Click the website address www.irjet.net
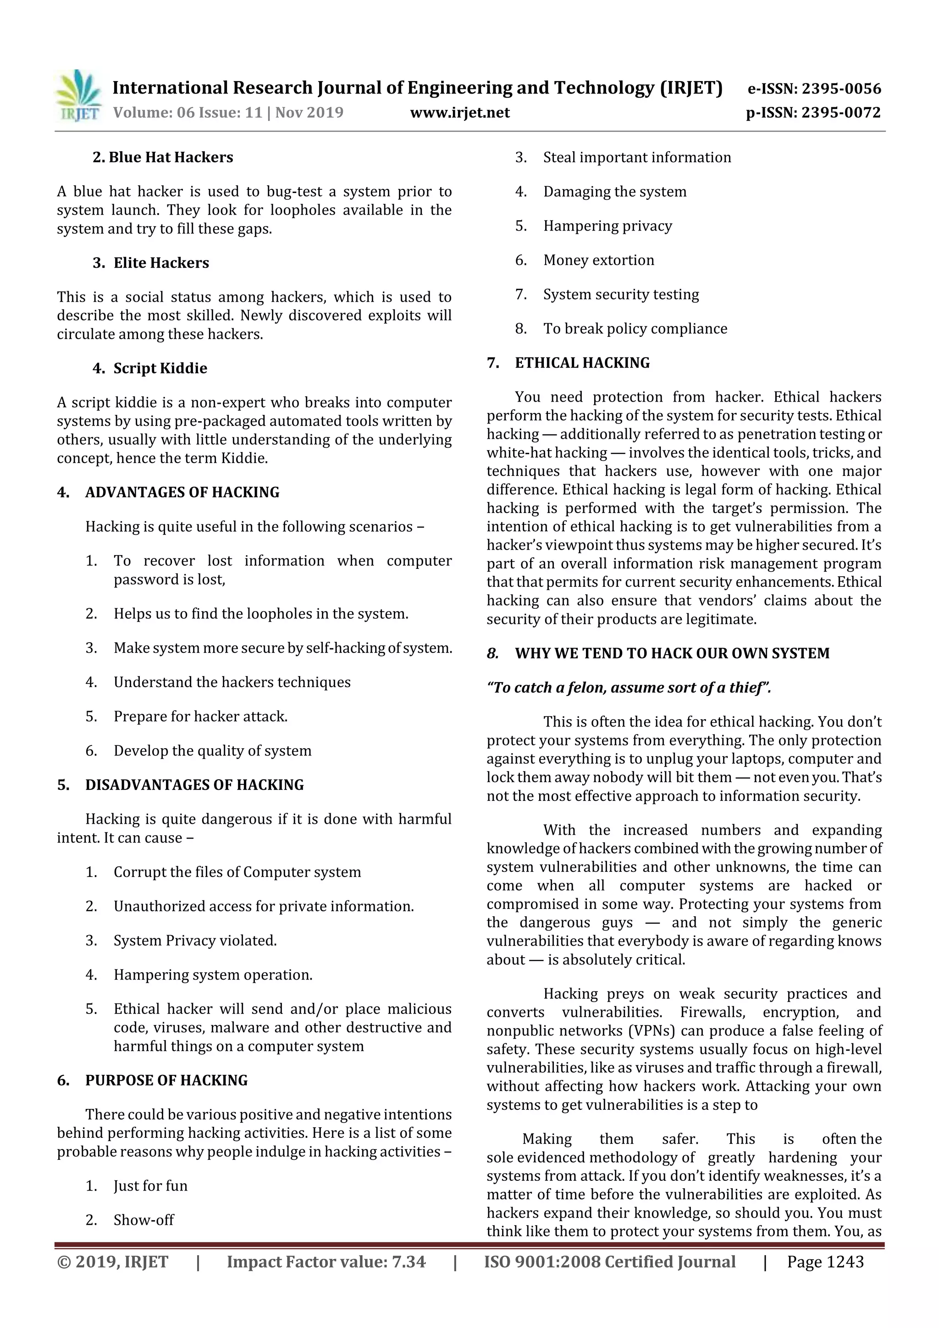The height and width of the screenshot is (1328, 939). (460, 112)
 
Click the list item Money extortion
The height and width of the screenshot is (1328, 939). (599, 260)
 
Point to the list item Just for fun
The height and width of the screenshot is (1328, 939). (150, 1186)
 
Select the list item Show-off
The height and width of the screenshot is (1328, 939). (144, 1220)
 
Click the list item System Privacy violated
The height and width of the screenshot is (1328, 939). (195, 941)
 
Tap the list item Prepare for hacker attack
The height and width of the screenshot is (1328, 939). (200, 716)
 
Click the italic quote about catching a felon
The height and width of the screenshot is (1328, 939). (629, 688)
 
